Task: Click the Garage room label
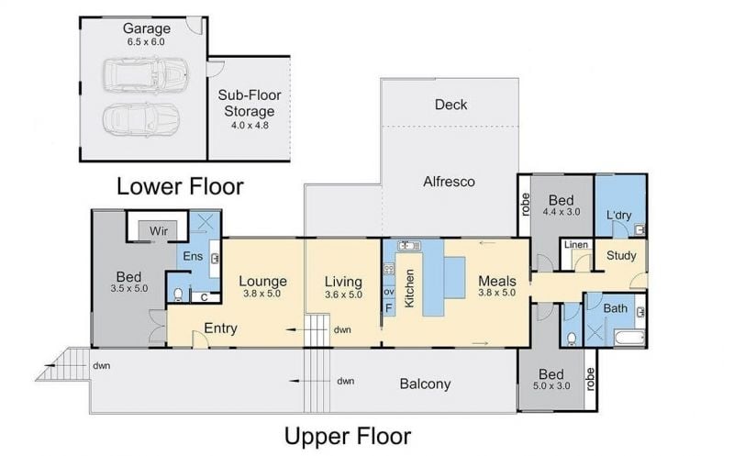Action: pyautogui.click(x=147, y=29)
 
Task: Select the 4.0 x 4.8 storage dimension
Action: pyautogui.click(x=250, y=125)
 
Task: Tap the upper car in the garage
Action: pyautogui.click(x=146, y=75)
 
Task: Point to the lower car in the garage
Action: pyautogui.click(x=141, y=120)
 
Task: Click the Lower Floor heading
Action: pyautogui.click(x=180, y=186)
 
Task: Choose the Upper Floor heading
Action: pyautogui.click(x=348, y=436)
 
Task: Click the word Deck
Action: pyautogui.click(x=450, y=105)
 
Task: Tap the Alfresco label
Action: pyautogui.click(x=449, y=181)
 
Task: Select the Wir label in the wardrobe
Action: pyautogui.click(x=159, y=231)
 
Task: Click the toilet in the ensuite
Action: pyautogui.click(x=178, y=294)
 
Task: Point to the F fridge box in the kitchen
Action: pyautogui.click(x=388, y=308)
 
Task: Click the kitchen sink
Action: pyautogui.click(x=409, y=245)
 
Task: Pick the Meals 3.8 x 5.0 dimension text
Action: pyautogui.click(x=496, y=293)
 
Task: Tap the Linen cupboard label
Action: pyautogui.click(x=576, y=244)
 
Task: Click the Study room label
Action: pyautogui.click(x=621, y=256)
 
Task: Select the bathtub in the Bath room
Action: pyautogui.click(x=629, y=338)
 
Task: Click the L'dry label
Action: pyautogui.click(x=618, y=215)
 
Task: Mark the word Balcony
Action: pyautogui.click(x=425, y=384)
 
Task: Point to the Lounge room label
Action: pyautogui.click(x=262, y=281)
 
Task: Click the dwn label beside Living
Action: pyautogui.click(x=342, y=329)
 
